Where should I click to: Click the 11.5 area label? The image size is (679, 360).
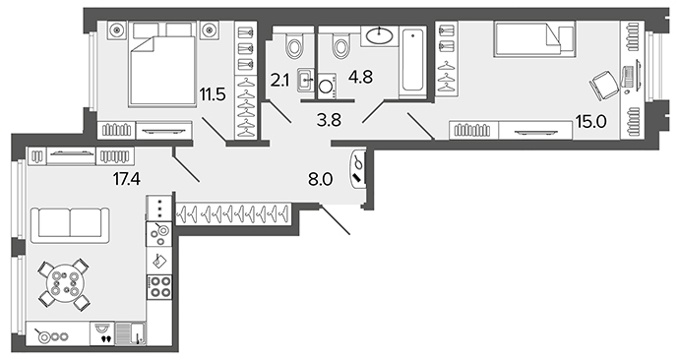(x=213, y=93)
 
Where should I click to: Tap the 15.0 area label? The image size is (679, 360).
(x=591, y=122)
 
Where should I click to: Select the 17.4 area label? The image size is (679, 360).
(x=127, y=178)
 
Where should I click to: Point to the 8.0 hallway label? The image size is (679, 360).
(x=321, y=179)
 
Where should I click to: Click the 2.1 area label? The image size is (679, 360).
(x=279, y=81)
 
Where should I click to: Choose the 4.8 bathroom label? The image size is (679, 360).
(x=361, y=78)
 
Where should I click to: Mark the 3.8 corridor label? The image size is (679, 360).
(x=329, y=120)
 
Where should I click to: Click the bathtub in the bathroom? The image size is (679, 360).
(x=412, y=62)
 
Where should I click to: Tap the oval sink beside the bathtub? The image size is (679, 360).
(x=379, y=36)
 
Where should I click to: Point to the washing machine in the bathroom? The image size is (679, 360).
(x=327, y=86)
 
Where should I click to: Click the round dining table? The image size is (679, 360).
(x=65, y=283)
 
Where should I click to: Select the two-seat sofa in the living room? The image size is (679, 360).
(x=70, y=225)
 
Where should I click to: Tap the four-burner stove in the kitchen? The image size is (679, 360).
(x=159, y=287)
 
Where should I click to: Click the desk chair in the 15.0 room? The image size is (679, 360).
(x=604, y=86)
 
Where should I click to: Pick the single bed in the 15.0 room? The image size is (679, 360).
(x=534, y=39)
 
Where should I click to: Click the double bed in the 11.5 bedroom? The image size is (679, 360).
(x=162, y=64)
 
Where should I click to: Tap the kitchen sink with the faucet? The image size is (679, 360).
(x=131, y=333)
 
